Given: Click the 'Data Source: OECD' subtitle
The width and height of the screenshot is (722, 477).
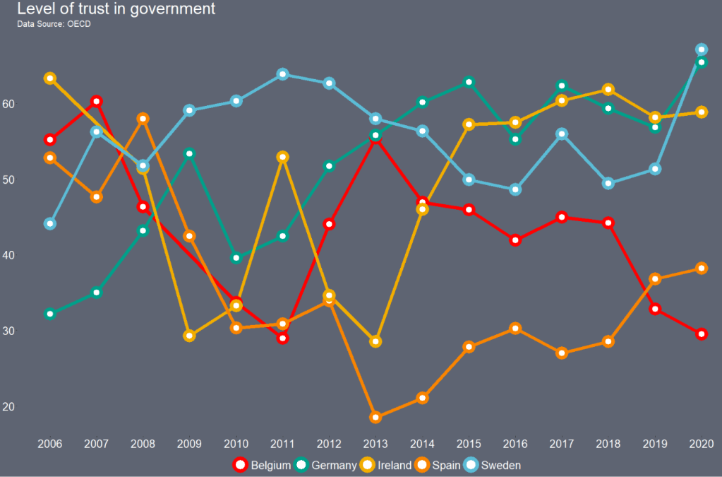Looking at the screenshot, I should click(x=54, y=24).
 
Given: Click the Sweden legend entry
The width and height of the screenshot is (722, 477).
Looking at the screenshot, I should click(x=492, y=465).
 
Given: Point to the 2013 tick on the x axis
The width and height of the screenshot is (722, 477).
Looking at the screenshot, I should click(x=375, y=444).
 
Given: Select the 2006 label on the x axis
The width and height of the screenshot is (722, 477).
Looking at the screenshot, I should click(x=49, y=444).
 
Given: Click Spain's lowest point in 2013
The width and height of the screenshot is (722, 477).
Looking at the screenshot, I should click(x=375, y=418).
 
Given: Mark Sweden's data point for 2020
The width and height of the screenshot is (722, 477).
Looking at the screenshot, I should click(x=702, y=49).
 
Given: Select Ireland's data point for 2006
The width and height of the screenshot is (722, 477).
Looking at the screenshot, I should click(x=49, y=78).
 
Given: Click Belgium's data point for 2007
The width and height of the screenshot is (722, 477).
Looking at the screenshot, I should click(x=96, y=102).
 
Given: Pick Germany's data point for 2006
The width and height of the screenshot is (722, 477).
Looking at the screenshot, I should click(x=49, y=314).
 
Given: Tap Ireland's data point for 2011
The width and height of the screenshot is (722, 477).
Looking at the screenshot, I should click(x=282, y=157).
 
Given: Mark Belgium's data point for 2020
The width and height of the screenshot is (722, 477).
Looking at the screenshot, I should click(x=702, y=334).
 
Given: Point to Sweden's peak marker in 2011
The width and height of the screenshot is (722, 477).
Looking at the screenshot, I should click(x=282, y=74).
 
